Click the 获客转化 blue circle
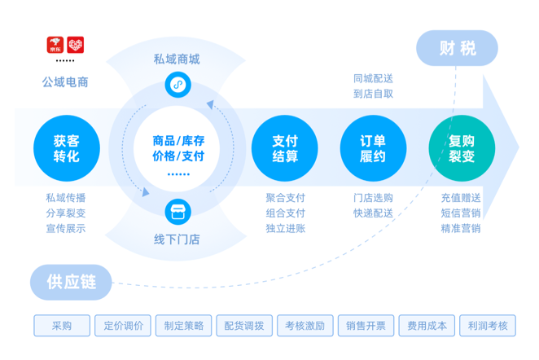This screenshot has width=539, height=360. point(67,148)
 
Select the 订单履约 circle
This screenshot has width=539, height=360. point(373,148)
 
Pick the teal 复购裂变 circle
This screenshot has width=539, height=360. point(462,148)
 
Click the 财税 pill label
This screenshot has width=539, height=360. point(457,48)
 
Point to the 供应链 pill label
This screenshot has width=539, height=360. point(71,283)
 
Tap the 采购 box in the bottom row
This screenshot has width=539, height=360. point(62,326)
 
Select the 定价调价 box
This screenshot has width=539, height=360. point(123,326)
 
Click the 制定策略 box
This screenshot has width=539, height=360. point(184,326)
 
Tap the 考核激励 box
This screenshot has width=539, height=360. point(305,326)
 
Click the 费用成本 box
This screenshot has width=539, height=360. point(427,326)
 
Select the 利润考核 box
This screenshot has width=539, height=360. point(488,326)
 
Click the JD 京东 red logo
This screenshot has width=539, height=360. point(55,45)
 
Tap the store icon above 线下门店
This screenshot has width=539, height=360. point(177,213)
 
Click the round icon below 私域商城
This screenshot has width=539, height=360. point(177,84)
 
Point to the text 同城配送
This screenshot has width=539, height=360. point(374,78)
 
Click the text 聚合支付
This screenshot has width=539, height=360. point(285,198)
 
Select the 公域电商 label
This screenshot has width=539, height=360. point(65,81)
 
